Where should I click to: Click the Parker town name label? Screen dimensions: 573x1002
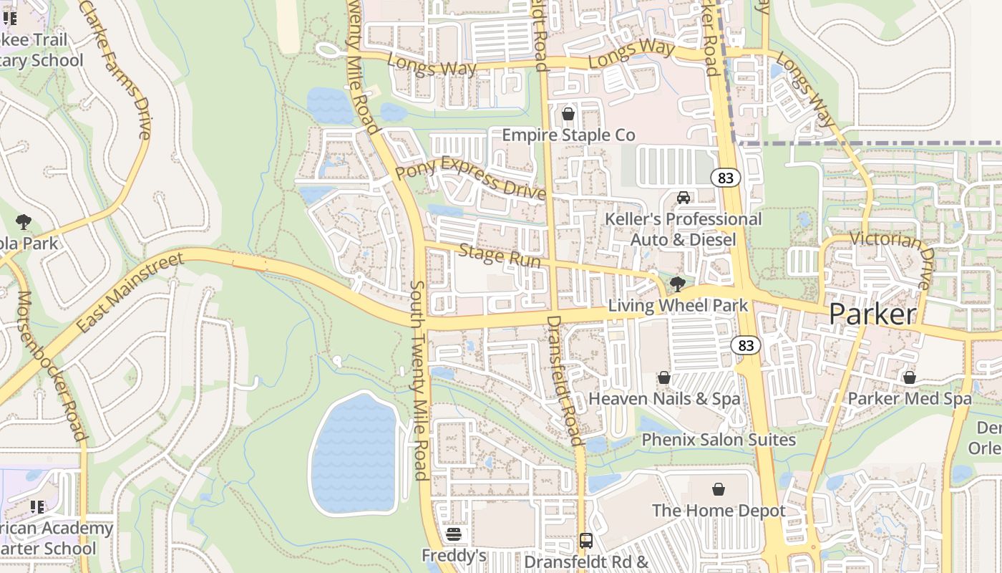[872, 314]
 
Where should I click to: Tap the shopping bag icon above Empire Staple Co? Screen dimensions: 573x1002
[568, 114]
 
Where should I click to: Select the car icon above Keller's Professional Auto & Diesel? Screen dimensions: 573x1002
[684, 197]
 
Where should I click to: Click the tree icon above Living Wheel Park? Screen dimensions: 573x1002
[677, 284]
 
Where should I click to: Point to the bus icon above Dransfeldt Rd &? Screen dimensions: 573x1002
[586, 540]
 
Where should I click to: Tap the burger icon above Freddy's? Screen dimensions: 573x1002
[453, 534]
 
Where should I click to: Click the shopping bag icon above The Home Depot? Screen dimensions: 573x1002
[719, 489]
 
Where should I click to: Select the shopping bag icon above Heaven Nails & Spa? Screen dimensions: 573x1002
[664, 377]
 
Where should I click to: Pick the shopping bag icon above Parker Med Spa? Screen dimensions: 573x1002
[910, 377]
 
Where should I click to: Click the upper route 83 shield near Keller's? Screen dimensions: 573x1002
[726, 178]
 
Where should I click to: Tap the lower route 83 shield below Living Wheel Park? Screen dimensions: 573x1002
[746, 346]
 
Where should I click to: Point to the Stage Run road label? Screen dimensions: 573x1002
[499, 256]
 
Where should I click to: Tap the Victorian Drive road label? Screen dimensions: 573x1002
[892, 258]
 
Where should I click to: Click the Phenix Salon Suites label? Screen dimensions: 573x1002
[719, 440]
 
